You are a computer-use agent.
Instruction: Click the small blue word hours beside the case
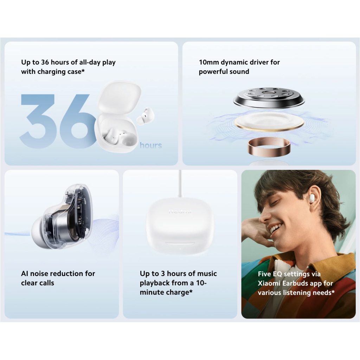(x=151, y=145)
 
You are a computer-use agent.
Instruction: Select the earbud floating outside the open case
(x=145, y=116)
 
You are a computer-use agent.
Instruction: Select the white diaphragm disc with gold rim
(x=269, y=122)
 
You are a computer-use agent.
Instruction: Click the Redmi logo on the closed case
(x=180, y=211)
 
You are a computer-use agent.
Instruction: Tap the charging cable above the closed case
(x=180, y=184)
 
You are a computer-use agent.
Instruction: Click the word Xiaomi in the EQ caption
(x=269, y=283)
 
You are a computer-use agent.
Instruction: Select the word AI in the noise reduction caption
(x=25, y=274)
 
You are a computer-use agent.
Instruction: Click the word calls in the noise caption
(x=46, y=283)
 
